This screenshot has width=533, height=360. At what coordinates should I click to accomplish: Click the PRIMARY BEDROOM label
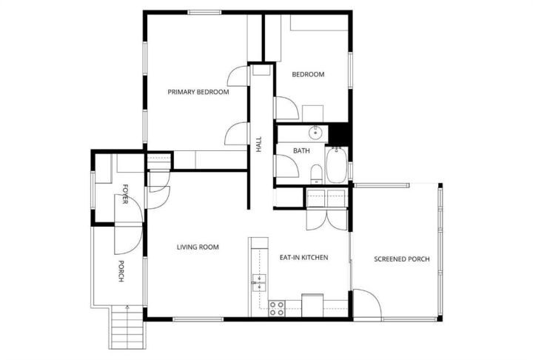198,92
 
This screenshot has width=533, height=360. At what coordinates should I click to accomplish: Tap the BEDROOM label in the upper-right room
308,74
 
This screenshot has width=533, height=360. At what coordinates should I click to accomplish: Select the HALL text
259,144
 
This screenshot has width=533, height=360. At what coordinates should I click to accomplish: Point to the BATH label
301,150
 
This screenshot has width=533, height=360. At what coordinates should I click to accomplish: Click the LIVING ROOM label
198,247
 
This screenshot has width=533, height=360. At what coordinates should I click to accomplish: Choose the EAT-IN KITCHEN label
304,258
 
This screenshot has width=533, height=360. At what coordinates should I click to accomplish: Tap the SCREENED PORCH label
402,259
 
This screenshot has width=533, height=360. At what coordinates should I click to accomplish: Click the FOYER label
125,194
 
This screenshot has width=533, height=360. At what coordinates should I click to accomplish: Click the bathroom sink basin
315,133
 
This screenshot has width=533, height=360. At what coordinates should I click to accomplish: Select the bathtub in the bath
337,165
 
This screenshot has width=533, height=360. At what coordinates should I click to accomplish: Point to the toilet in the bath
317,174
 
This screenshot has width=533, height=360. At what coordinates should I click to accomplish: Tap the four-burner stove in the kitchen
276,308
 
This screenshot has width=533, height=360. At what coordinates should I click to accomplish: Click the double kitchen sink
259,283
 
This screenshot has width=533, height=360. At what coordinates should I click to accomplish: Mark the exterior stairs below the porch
127,327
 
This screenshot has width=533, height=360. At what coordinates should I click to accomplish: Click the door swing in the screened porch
367,303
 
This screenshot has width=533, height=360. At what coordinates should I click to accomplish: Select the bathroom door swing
287,166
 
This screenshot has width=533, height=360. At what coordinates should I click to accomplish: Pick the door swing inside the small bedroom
287,108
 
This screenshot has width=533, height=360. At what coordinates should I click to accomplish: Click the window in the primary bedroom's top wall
204,13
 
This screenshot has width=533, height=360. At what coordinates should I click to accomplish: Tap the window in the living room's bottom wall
198,319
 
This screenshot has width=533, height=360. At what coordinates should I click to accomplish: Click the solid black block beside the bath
340,134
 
